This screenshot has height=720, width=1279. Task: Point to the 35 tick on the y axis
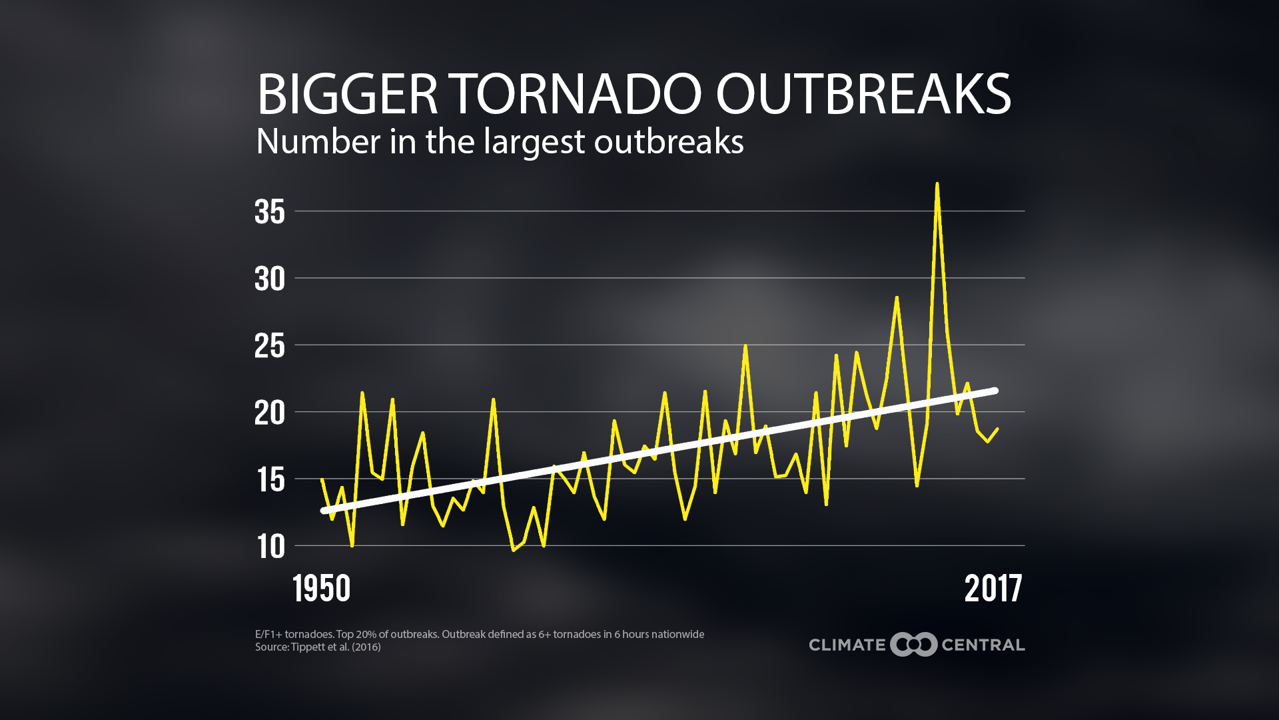[270, 212]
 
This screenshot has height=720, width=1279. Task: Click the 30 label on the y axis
[270, 279]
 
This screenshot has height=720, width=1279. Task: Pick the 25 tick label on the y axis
[270, 346]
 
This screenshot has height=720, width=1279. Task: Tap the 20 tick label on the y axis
[270, 413]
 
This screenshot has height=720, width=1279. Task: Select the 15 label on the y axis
[270, 479]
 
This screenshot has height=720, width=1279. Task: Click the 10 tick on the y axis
[270, 547]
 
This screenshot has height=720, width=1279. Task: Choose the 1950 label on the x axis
[321, 589]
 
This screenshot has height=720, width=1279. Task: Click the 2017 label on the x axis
[993, 589]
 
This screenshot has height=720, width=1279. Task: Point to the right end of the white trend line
[995, 391]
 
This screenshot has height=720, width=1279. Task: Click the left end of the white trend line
[324, 511]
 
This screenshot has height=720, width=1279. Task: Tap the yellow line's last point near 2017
[997, 429]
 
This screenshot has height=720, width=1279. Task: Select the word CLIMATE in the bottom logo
[847, 645]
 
